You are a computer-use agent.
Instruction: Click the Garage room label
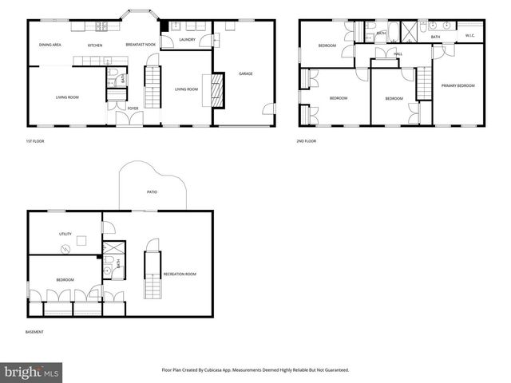pos(246,74)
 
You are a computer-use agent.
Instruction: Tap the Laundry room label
pos(188,39)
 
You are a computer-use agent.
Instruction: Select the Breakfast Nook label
pos(140,45)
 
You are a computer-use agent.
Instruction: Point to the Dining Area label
pos(51,45)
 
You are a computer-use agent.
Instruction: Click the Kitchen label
pos(95,45)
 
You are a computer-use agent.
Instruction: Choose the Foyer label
pos(133,108)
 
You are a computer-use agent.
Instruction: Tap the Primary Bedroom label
pos(458,85)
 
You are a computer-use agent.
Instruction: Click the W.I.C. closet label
pos(470,36)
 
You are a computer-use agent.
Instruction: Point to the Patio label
pos(152,192)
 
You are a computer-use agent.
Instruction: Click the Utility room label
pos(65,234)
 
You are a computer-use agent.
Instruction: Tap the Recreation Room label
pos(180,274)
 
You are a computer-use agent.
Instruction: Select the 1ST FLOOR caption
pos(35,141)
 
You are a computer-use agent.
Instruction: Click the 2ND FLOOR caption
pos(307,141)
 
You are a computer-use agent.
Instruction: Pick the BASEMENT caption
pos(34,332)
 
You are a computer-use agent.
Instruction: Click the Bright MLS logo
pos(32,372)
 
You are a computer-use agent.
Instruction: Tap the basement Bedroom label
pos(65,279)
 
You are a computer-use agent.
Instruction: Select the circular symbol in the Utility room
pos(66,248)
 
